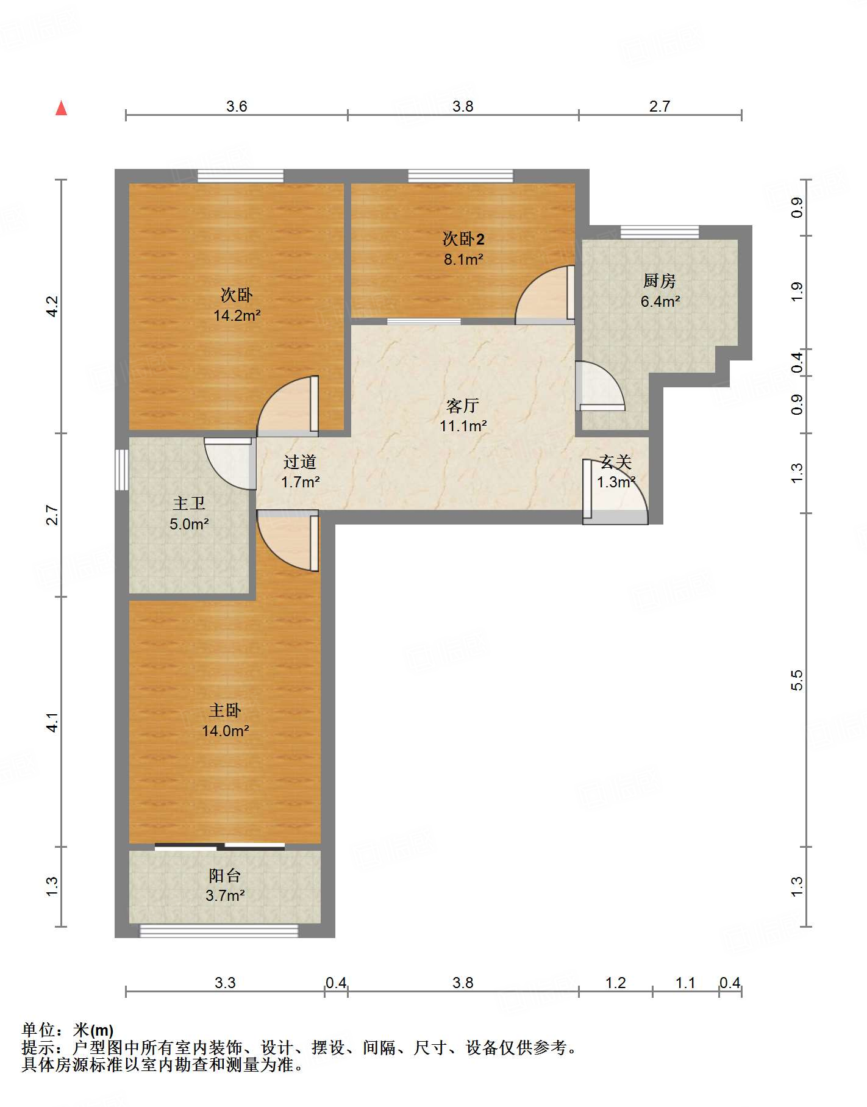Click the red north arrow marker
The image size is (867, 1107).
pos(61,108)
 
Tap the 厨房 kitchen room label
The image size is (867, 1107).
pos(660,281)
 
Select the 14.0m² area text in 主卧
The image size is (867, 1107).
pos(226,731)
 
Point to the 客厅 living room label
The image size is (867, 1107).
pos(463,406)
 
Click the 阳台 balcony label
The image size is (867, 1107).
pos(225,876)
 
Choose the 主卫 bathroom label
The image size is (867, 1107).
pos(189,504)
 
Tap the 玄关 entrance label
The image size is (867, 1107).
pos(616,462)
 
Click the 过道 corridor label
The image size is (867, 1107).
pos(300,462)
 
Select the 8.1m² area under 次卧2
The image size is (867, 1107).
pos(463,259)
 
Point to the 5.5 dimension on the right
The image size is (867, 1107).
pos(797,680)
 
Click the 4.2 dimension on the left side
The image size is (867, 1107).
pos(52,306)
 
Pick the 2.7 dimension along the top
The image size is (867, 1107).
pos(660,107)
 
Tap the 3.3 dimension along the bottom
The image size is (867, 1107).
pos(225,983)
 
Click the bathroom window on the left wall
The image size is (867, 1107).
pos(121,470)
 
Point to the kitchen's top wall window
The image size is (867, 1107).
pos(660,232)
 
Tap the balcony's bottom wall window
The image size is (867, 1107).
pos(219,931)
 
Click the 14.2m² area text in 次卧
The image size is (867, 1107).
pos(237,315)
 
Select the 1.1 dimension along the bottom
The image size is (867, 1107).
pos(685,983)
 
